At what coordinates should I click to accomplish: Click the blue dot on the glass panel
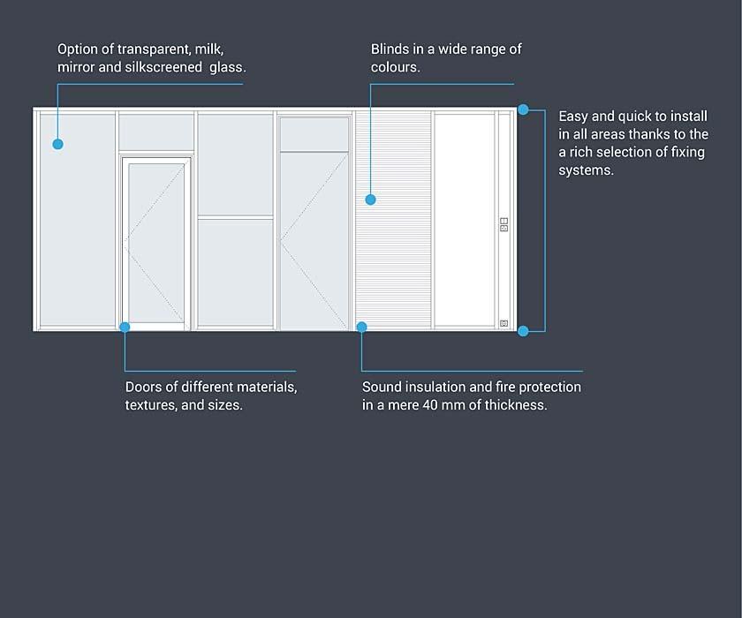57,144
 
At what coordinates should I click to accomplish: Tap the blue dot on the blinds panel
370,200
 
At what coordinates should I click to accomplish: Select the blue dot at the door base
125,327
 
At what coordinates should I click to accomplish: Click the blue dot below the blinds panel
361,327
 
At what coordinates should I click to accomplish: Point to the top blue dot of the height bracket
523,109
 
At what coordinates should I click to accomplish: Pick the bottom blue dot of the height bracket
523,331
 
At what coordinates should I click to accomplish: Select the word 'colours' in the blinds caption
394,67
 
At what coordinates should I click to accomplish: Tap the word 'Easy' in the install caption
572,117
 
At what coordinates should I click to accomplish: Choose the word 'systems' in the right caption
585,170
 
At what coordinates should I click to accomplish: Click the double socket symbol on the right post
504,224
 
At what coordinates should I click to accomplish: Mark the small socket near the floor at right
504,323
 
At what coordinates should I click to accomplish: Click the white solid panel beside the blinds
465,220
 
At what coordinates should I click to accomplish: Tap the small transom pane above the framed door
156,132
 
